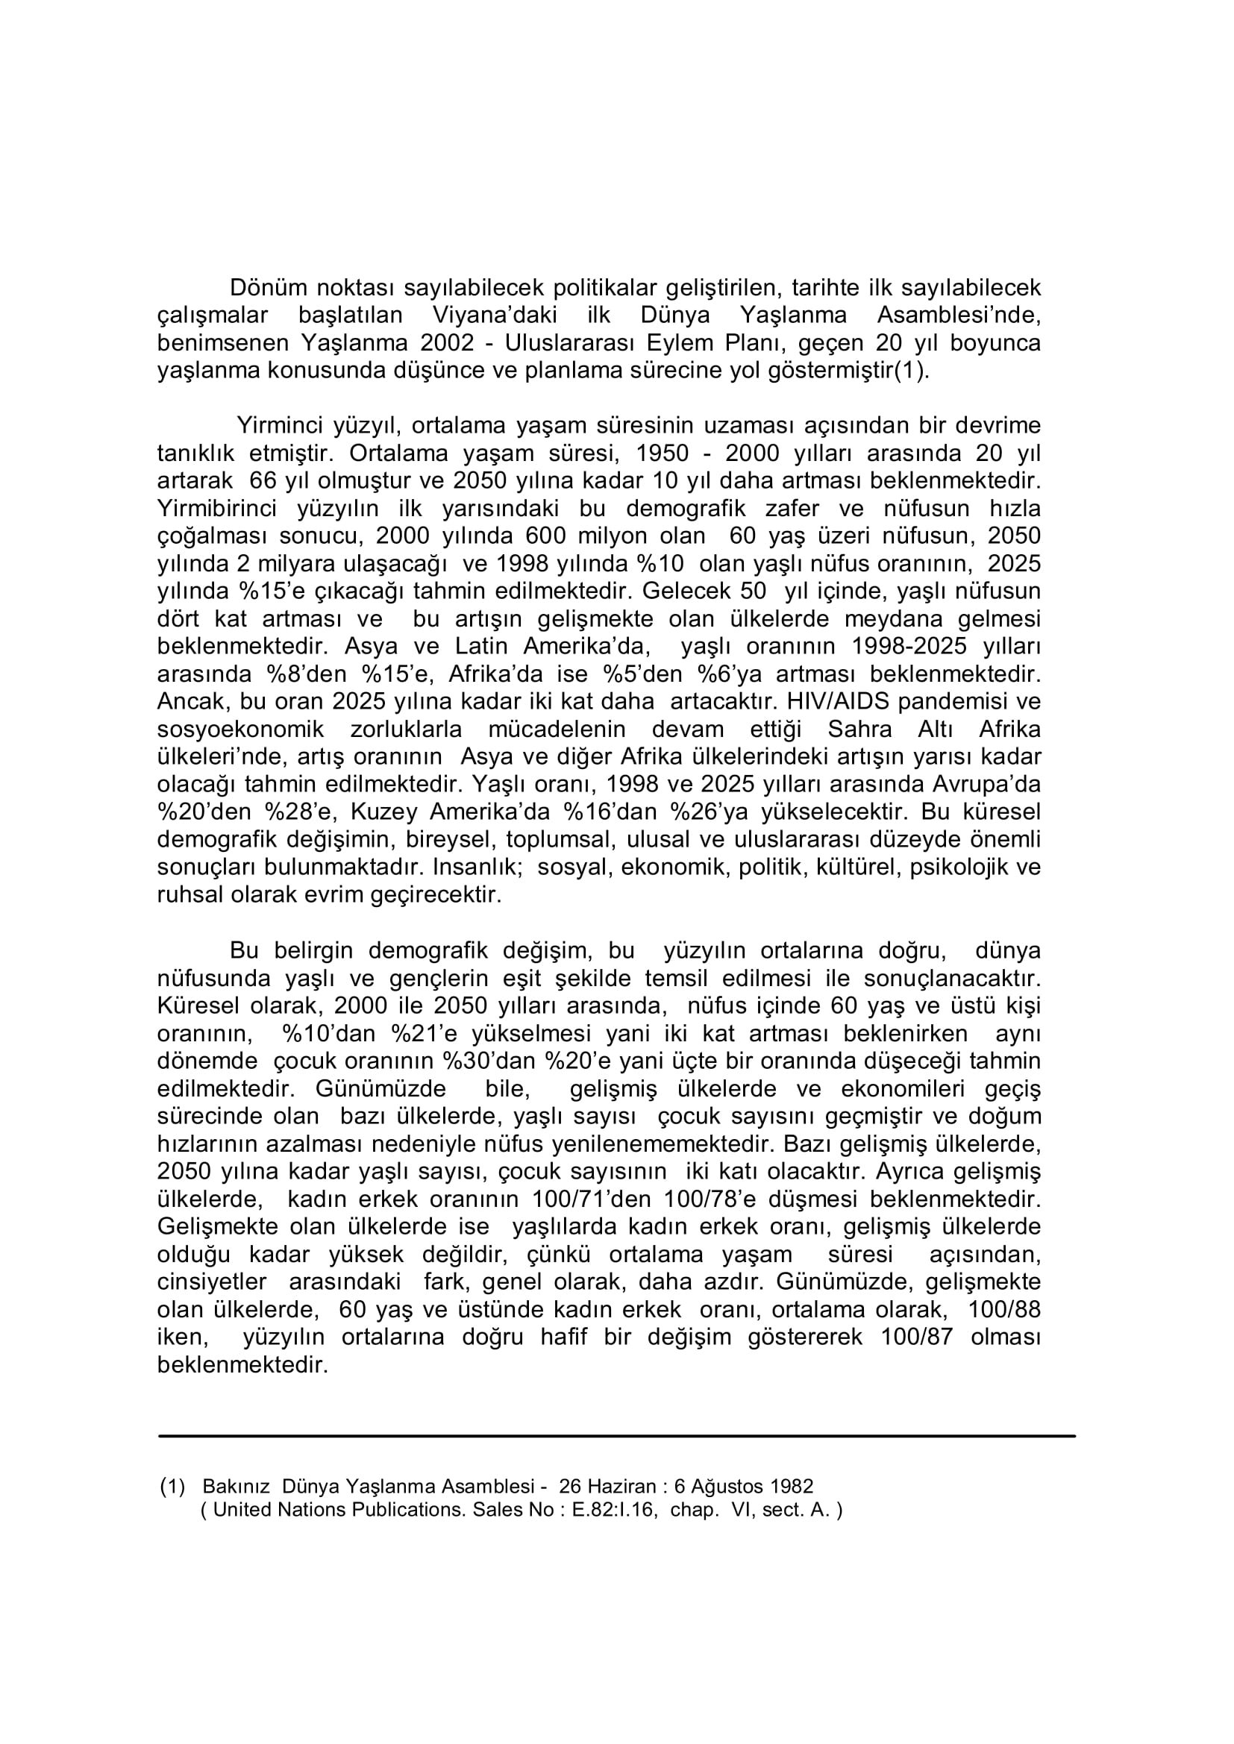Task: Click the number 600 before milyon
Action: click(x=545, y=536)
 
